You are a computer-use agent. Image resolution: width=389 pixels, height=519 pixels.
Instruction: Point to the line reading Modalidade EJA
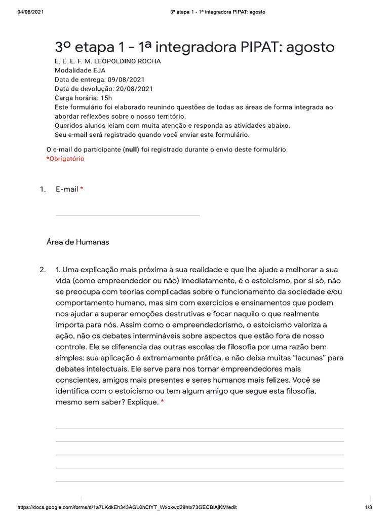(x=80, y=71)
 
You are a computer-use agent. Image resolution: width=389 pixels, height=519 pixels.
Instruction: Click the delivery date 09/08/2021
(x=126, y=80)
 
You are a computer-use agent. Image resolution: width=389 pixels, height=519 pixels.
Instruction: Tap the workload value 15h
(x=106, y=98)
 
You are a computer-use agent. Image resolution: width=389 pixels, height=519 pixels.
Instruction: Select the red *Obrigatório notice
(x=65, y=159)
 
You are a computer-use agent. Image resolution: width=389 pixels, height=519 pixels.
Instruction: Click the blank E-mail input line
(x=127, y=215)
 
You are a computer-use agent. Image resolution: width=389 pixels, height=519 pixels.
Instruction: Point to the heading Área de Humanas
(x=77, y=242)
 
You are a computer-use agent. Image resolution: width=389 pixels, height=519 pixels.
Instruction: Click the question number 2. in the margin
(x=43, y=269)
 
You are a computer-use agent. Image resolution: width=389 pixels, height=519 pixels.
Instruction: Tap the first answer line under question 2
(x=200, y=428)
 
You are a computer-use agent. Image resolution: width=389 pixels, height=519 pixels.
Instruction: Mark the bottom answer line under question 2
(x=200, y=481)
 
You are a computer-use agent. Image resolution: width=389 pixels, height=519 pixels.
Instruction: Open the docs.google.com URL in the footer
(x=127, y=507)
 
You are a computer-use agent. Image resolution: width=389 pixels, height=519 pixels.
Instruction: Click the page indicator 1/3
(x=368, y=507)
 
